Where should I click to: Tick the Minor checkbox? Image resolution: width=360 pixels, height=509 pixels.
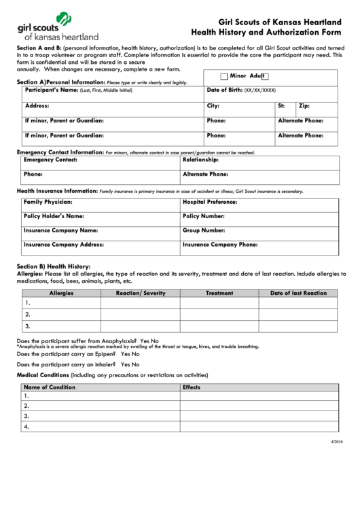point(223,77)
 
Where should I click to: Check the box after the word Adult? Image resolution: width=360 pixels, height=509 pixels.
point(266,77)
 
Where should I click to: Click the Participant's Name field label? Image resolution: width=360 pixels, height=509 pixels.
point(51,90)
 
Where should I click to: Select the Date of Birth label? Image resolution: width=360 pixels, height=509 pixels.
point(224,90)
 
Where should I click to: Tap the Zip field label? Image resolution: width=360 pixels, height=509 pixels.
point(304,106)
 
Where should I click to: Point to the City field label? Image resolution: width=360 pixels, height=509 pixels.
point(213,106)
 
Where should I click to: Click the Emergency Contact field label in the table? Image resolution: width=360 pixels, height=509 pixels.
point(50,160)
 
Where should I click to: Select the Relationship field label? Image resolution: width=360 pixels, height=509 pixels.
point(200,160)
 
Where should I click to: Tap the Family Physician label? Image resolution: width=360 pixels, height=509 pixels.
point(48,203)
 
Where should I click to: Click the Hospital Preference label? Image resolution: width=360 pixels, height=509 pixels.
point(209,203)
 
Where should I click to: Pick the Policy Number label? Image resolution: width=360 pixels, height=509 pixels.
point(204,216)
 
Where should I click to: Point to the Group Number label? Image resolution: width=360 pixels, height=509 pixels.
point(204,230)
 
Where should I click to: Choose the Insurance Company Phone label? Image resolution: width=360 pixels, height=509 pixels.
point(220,243)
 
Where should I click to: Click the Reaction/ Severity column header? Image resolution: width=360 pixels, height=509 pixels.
point(141,293)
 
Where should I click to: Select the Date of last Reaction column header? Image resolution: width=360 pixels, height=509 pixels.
point(299,293)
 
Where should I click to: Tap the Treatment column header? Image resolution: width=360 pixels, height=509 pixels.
point(219,293)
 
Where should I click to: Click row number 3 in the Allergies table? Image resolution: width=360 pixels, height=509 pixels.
point(27,326)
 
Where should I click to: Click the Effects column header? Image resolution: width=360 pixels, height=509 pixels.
point(192,387)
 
